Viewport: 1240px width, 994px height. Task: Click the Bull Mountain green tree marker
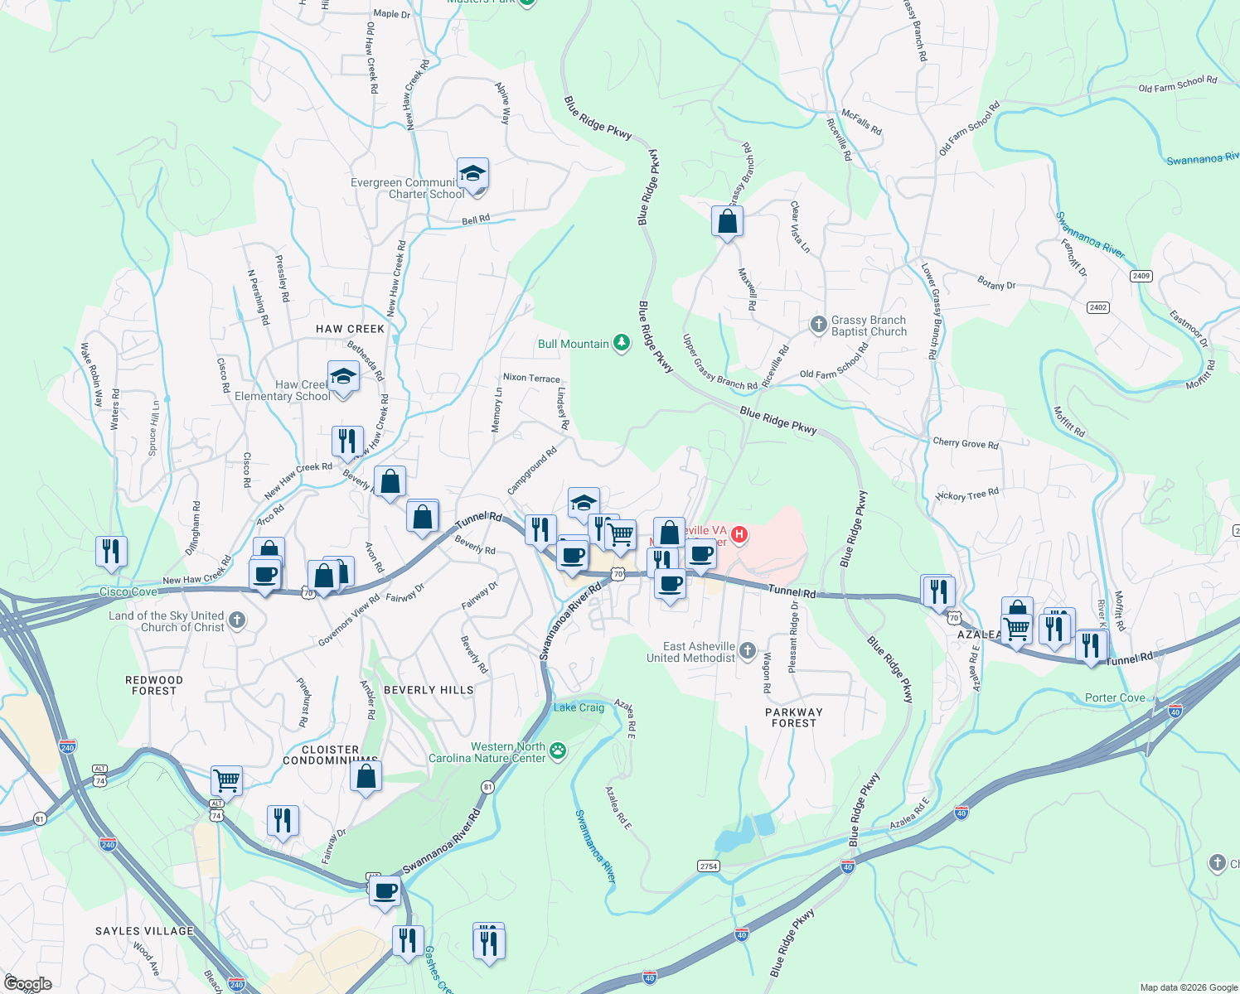coord(621,344)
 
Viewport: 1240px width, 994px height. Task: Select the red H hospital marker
coord(739,535)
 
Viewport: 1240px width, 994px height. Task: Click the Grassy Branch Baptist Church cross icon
coord(818,325)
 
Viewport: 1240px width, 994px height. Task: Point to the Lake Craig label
coord(579,707)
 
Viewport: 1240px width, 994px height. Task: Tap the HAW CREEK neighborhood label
coord(350,329)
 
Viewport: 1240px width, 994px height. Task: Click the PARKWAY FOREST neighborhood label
coord(793,717)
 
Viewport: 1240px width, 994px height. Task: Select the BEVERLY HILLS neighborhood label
coord(429,690)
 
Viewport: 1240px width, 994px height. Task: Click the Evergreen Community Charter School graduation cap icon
coord(472,174)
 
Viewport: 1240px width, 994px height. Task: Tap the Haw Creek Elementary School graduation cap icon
coord(343,377)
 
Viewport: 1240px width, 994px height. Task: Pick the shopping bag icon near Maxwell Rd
coord(727,221)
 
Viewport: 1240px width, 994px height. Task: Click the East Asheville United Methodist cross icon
coord(748,651)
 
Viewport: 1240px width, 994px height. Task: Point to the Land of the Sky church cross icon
coord(236,620)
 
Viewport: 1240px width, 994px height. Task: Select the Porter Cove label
coord(1115,698)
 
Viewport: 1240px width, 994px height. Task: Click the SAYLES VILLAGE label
coord(144,931)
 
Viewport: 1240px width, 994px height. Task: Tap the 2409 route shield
coord(1141,276)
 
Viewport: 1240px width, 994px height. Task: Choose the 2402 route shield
coord(1097,307)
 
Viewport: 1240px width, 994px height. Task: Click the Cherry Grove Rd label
coord(966,443)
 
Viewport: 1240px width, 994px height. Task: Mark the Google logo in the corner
coord(27,984)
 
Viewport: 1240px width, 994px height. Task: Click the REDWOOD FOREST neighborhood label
coord(154,685)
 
